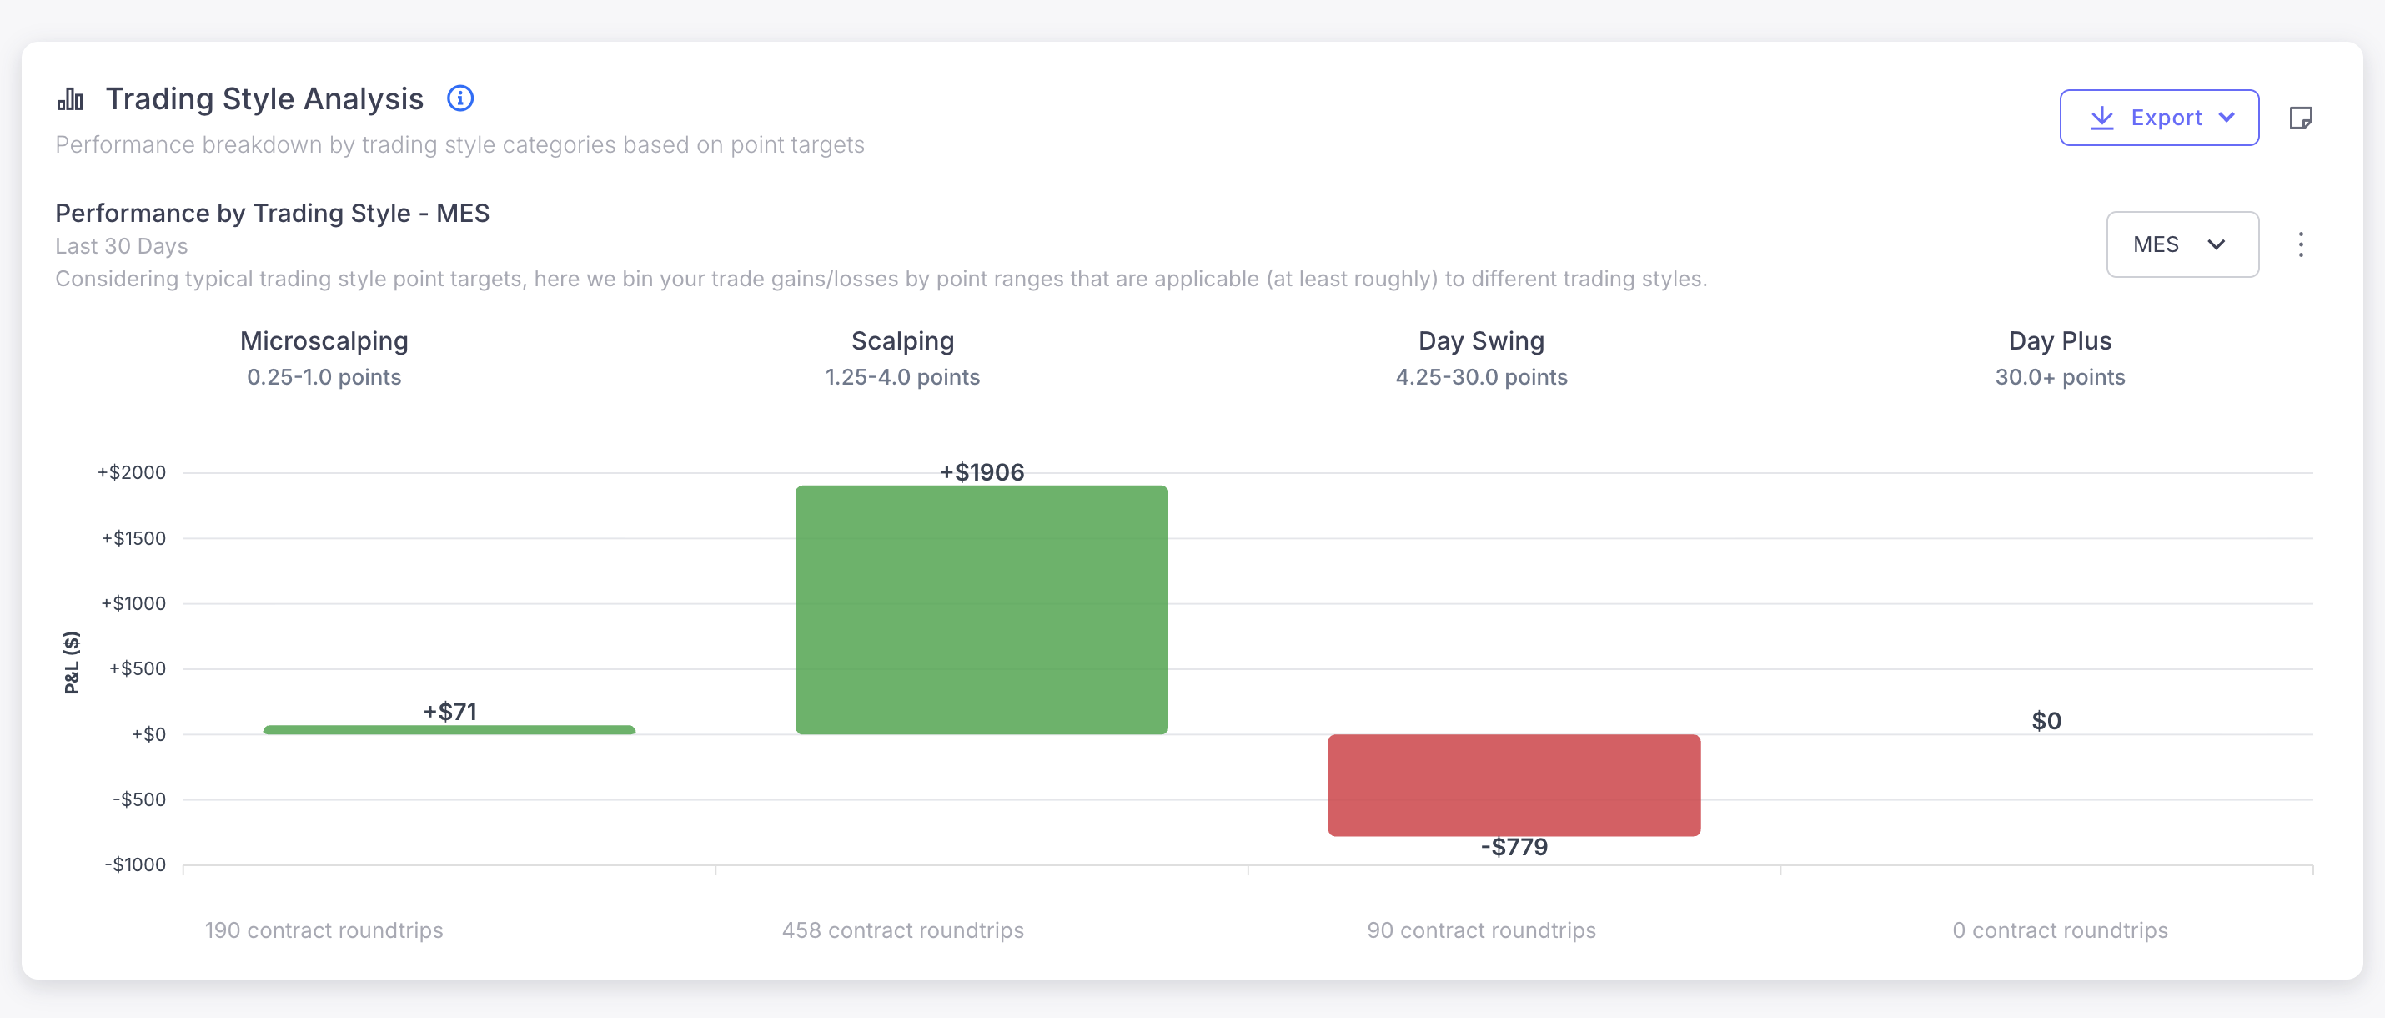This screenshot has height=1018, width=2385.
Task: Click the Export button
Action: [x=2158, y=118]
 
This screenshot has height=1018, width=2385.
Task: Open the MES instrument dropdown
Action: [x=2182, y=244]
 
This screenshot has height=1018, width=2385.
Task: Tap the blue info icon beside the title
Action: [x=460, y=98]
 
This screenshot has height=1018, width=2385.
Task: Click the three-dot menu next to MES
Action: [x=2301, y=244]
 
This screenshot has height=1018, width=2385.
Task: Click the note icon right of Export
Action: [x=2301, y=118]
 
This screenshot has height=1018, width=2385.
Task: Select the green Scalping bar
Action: [x=982, y=609]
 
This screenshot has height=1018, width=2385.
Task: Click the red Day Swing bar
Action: [x=1514, y=784]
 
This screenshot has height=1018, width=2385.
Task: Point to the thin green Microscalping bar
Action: [x=449, y=730]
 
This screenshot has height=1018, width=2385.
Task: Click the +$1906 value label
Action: [x=982, y=472]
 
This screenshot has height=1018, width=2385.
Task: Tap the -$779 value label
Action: [x=1514, y=847]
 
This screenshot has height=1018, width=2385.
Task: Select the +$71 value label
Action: [x=450, y=712]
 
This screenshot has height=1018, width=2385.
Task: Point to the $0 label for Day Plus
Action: [x=2046, y=721]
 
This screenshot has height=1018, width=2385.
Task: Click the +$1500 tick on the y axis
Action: [x=134, y=538]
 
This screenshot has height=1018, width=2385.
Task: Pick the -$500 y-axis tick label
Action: [x=139, y=799]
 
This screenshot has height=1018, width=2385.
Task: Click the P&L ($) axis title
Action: [x=71, y=663]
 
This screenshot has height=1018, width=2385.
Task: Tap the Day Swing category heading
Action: [x=1480, y=341]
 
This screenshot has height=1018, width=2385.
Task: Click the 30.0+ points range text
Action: [x=2059, y=377]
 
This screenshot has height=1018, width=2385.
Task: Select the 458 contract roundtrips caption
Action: [x=902, y=930]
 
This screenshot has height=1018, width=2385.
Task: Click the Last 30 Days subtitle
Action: [x=121, y=246]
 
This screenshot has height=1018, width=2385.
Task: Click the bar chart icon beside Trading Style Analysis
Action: [x=70, y=98]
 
